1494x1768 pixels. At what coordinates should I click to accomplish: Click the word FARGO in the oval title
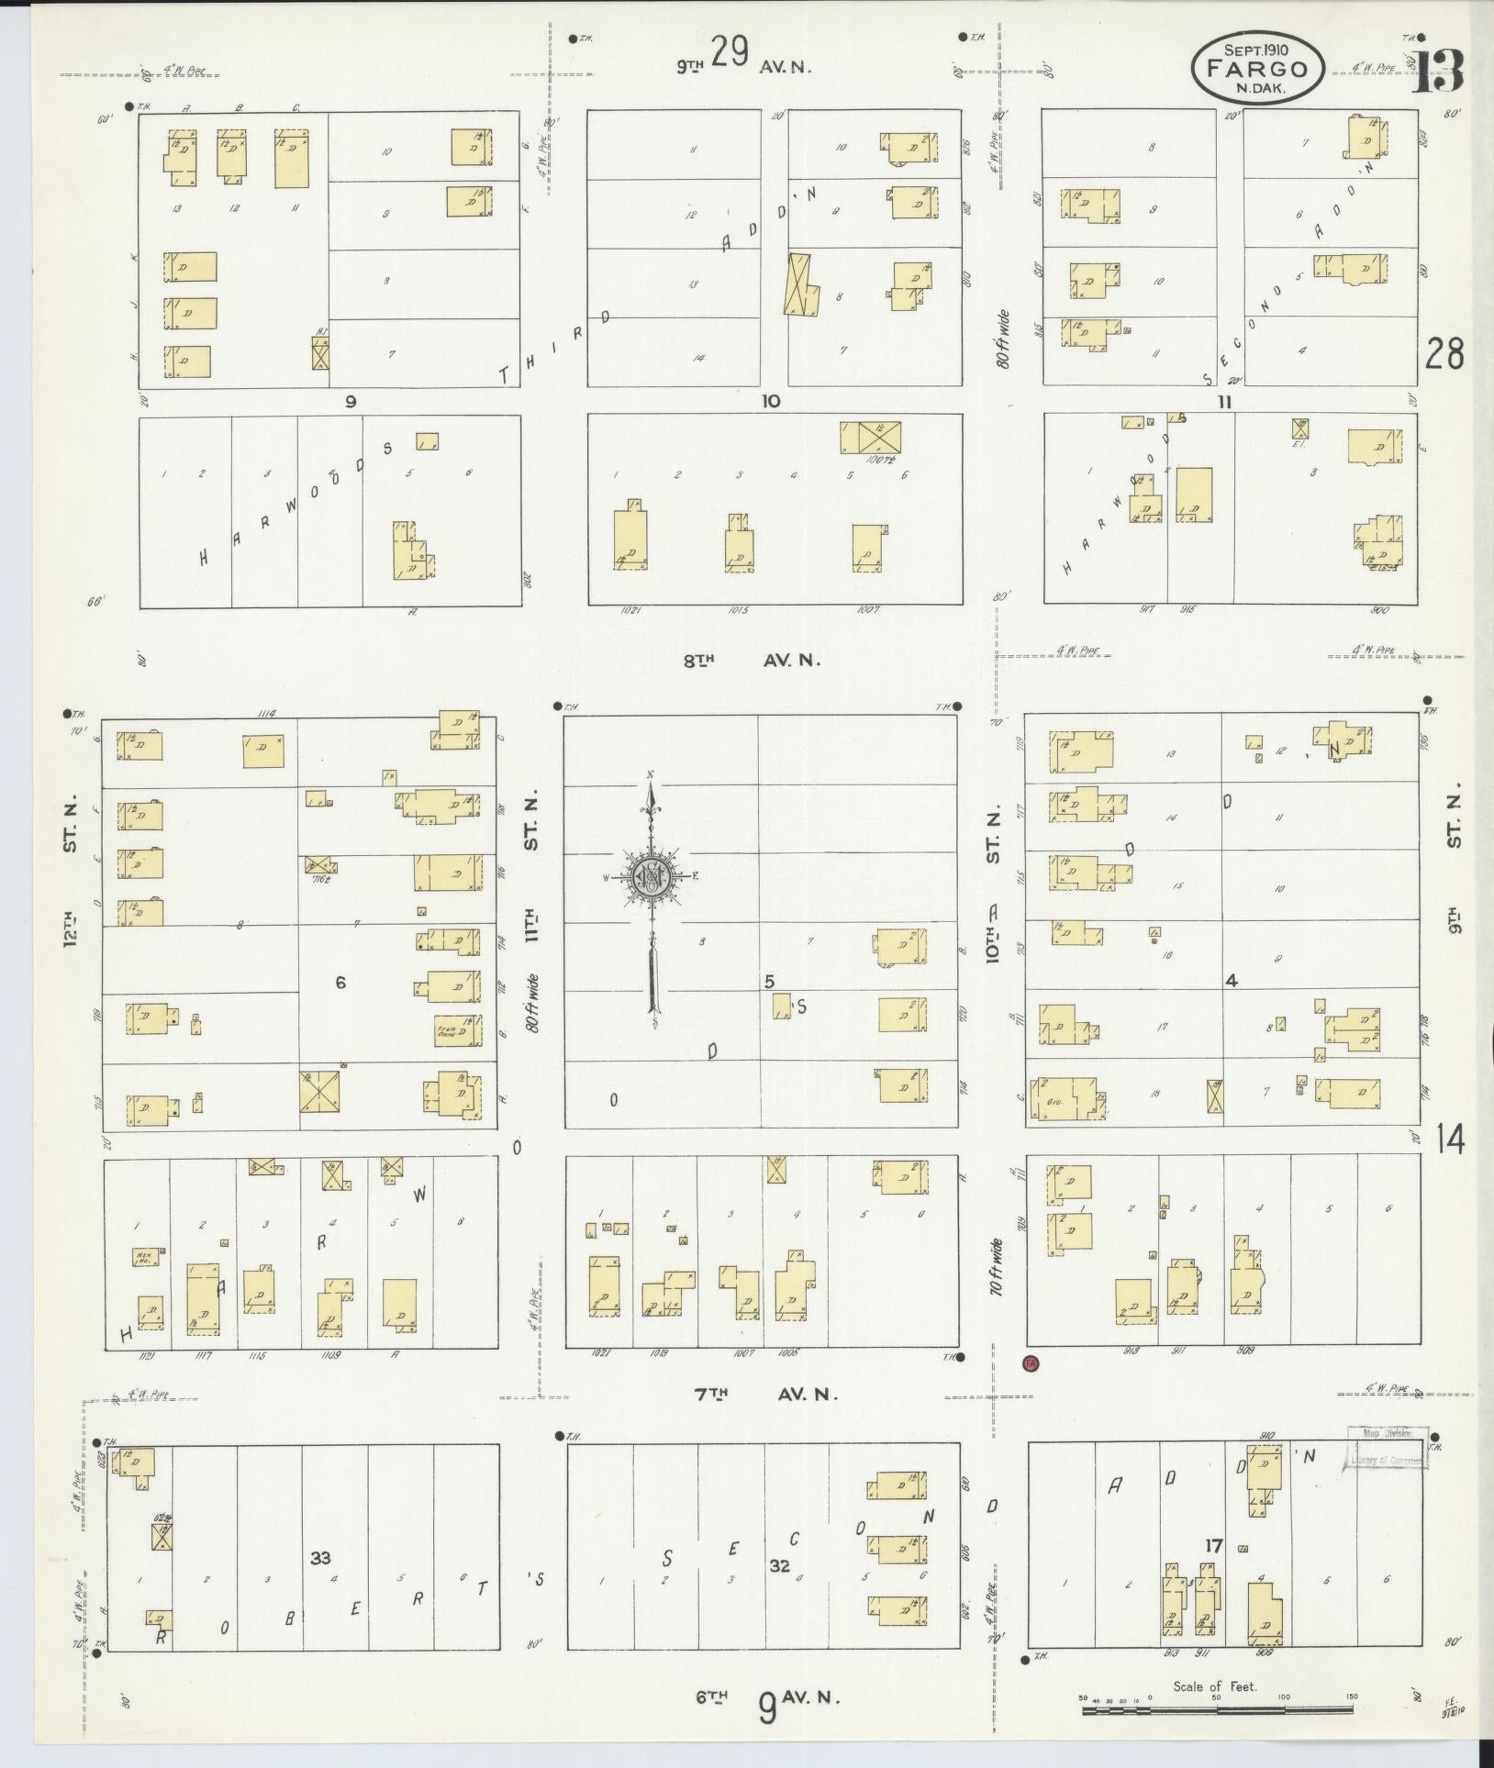(x=1257, y=69)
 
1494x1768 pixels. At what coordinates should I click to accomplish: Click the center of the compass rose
(x=650, y=877)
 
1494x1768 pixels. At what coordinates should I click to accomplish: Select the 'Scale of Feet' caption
(x=1215, y=1685)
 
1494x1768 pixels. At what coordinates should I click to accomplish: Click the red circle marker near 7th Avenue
(x=1031, y=1389)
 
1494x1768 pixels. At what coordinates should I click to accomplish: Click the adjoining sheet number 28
(x=1444, y=352)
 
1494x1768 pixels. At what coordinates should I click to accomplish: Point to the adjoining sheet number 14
(x=1451, y=1140)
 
